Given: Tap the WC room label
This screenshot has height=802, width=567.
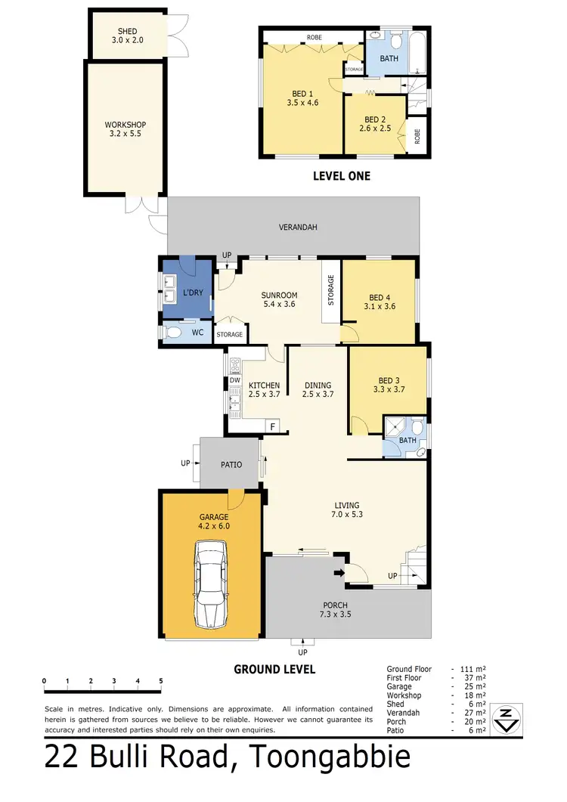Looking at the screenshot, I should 197,332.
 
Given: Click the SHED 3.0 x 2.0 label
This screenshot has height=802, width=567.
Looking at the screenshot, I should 127,36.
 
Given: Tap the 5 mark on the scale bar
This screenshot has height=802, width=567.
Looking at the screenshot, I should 161,681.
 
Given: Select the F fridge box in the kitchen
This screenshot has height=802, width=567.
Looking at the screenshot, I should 272,427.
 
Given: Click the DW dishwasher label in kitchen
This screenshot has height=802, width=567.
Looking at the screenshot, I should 234,380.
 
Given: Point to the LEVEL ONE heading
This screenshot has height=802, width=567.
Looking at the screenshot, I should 342,176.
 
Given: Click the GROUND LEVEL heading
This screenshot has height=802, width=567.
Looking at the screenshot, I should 274,669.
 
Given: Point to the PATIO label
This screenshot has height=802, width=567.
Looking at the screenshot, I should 231,464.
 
